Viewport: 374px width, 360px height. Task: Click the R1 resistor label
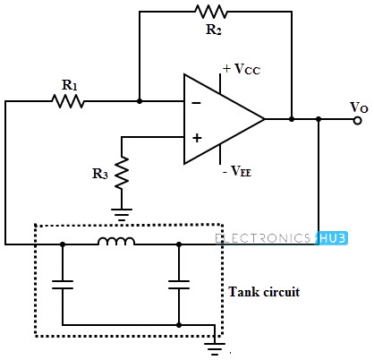(70, 85)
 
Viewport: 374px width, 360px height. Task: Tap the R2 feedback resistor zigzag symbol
(211, 12)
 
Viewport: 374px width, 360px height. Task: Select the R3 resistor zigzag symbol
(122, 173)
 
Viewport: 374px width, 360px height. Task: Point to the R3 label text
(100, 174)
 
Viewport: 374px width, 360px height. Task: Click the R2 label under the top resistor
(214, 30)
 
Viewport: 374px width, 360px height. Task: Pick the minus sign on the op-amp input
(196, 103)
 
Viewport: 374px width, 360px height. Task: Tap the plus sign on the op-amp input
(197, 138)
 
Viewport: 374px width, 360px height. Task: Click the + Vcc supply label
(242, 69)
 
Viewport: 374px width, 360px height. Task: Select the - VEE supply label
(237, 171)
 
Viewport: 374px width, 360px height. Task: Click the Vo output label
(359, 107)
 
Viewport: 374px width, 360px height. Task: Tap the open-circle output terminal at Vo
(357, 120)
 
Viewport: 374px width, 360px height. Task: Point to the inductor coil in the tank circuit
(116, 241)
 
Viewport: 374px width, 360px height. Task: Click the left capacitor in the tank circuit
(63, 285)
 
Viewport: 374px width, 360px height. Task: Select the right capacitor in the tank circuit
(179, 285)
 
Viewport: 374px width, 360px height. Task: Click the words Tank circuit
(264, 292)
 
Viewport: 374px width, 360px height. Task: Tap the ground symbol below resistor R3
(122, 214)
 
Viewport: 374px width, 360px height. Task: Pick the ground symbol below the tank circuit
(215, 348)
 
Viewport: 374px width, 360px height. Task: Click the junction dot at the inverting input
(140, 101)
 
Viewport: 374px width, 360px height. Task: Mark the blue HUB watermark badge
(332, 238)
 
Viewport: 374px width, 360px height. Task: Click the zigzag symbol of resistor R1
(68, 101)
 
